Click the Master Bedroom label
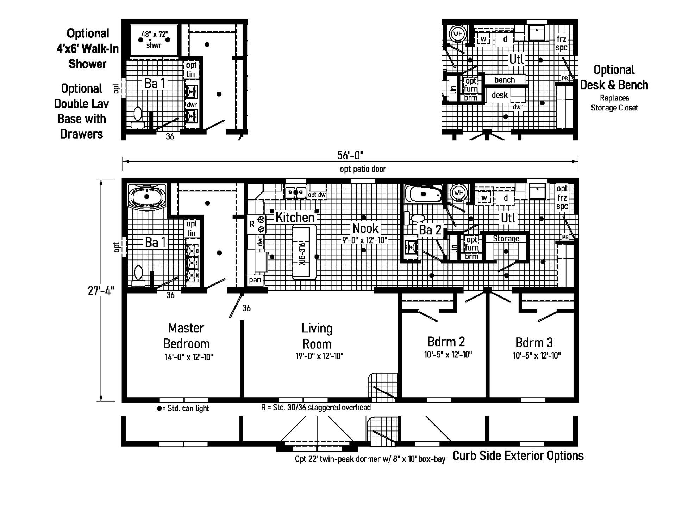(187, 336)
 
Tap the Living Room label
(317, 336)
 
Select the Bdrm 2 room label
(446, 342)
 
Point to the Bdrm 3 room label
(534, 342)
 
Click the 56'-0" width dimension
(350, 155)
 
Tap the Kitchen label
(295, 217)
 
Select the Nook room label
(365, 228)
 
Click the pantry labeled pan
(255, 280)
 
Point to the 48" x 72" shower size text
(155, 34)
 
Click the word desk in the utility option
(500, 95)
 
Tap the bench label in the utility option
(505, 80)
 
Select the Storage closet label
(506, 239)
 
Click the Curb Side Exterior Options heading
(518, 456)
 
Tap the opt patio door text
(363, 169)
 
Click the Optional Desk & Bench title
(614, 77)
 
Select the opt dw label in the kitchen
(317, 195)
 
